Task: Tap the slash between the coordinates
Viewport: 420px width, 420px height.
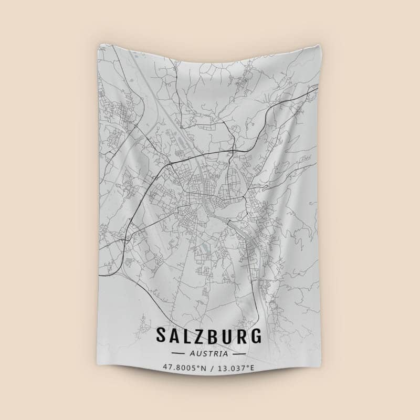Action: [211, 367]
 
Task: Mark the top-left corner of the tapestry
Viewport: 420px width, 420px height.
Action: [98, 44]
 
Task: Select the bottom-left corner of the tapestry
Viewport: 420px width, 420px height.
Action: [99, 377]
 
